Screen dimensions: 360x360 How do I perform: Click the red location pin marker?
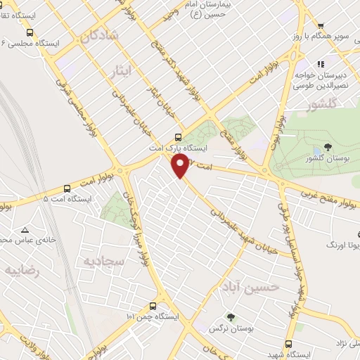coord(181,166)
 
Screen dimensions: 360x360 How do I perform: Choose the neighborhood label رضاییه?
coord(20,270)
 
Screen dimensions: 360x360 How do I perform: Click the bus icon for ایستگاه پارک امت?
coord(178,137)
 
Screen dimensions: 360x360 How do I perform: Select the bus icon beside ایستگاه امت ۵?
coord(67,188)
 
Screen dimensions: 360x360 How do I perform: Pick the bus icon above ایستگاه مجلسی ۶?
coord(30,32)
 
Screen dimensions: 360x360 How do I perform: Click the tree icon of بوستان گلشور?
coord(328,148)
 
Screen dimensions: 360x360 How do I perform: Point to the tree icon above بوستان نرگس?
coord(229,317)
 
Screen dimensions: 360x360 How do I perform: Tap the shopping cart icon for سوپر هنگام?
coord(320,25)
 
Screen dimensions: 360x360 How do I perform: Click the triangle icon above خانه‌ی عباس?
coord(25,229)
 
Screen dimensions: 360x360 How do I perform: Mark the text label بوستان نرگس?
coord(230,328)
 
